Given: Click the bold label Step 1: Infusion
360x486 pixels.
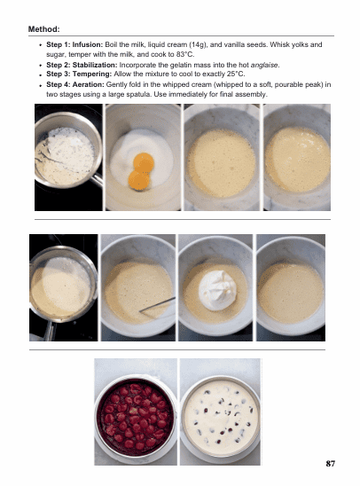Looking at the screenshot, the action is [x=74, y=44].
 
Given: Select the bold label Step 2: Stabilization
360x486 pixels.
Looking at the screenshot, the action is [x=82, y=65].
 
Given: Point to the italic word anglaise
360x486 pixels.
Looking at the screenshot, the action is [x=264, y=66].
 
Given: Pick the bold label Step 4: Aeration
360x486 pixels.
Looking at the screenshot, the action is [x=75, y=84].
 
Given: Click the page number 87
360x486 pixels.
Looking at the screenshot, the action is [x=330, y=464].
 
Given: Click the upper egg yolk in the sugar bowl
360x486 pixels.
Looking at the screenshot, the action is [x=144, y=161].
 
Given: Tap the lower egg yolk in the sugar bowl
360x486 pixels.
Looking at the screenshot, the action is [x=138, y=180].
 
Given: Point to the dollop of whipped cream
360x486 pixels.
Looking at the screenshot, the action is [x=218, y=290].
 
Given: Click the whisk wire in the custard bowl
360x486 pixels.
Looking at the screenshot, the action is [x=157, y=305].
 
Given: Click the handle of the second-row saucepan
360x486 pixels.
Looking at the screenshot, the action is [x=50, y=331].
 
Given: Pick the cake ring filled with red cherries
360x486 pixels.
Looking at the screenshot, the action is [x=136, y=418].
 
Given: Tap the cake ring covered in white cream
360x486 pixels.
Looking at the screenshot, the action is [x=220, y=418].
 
